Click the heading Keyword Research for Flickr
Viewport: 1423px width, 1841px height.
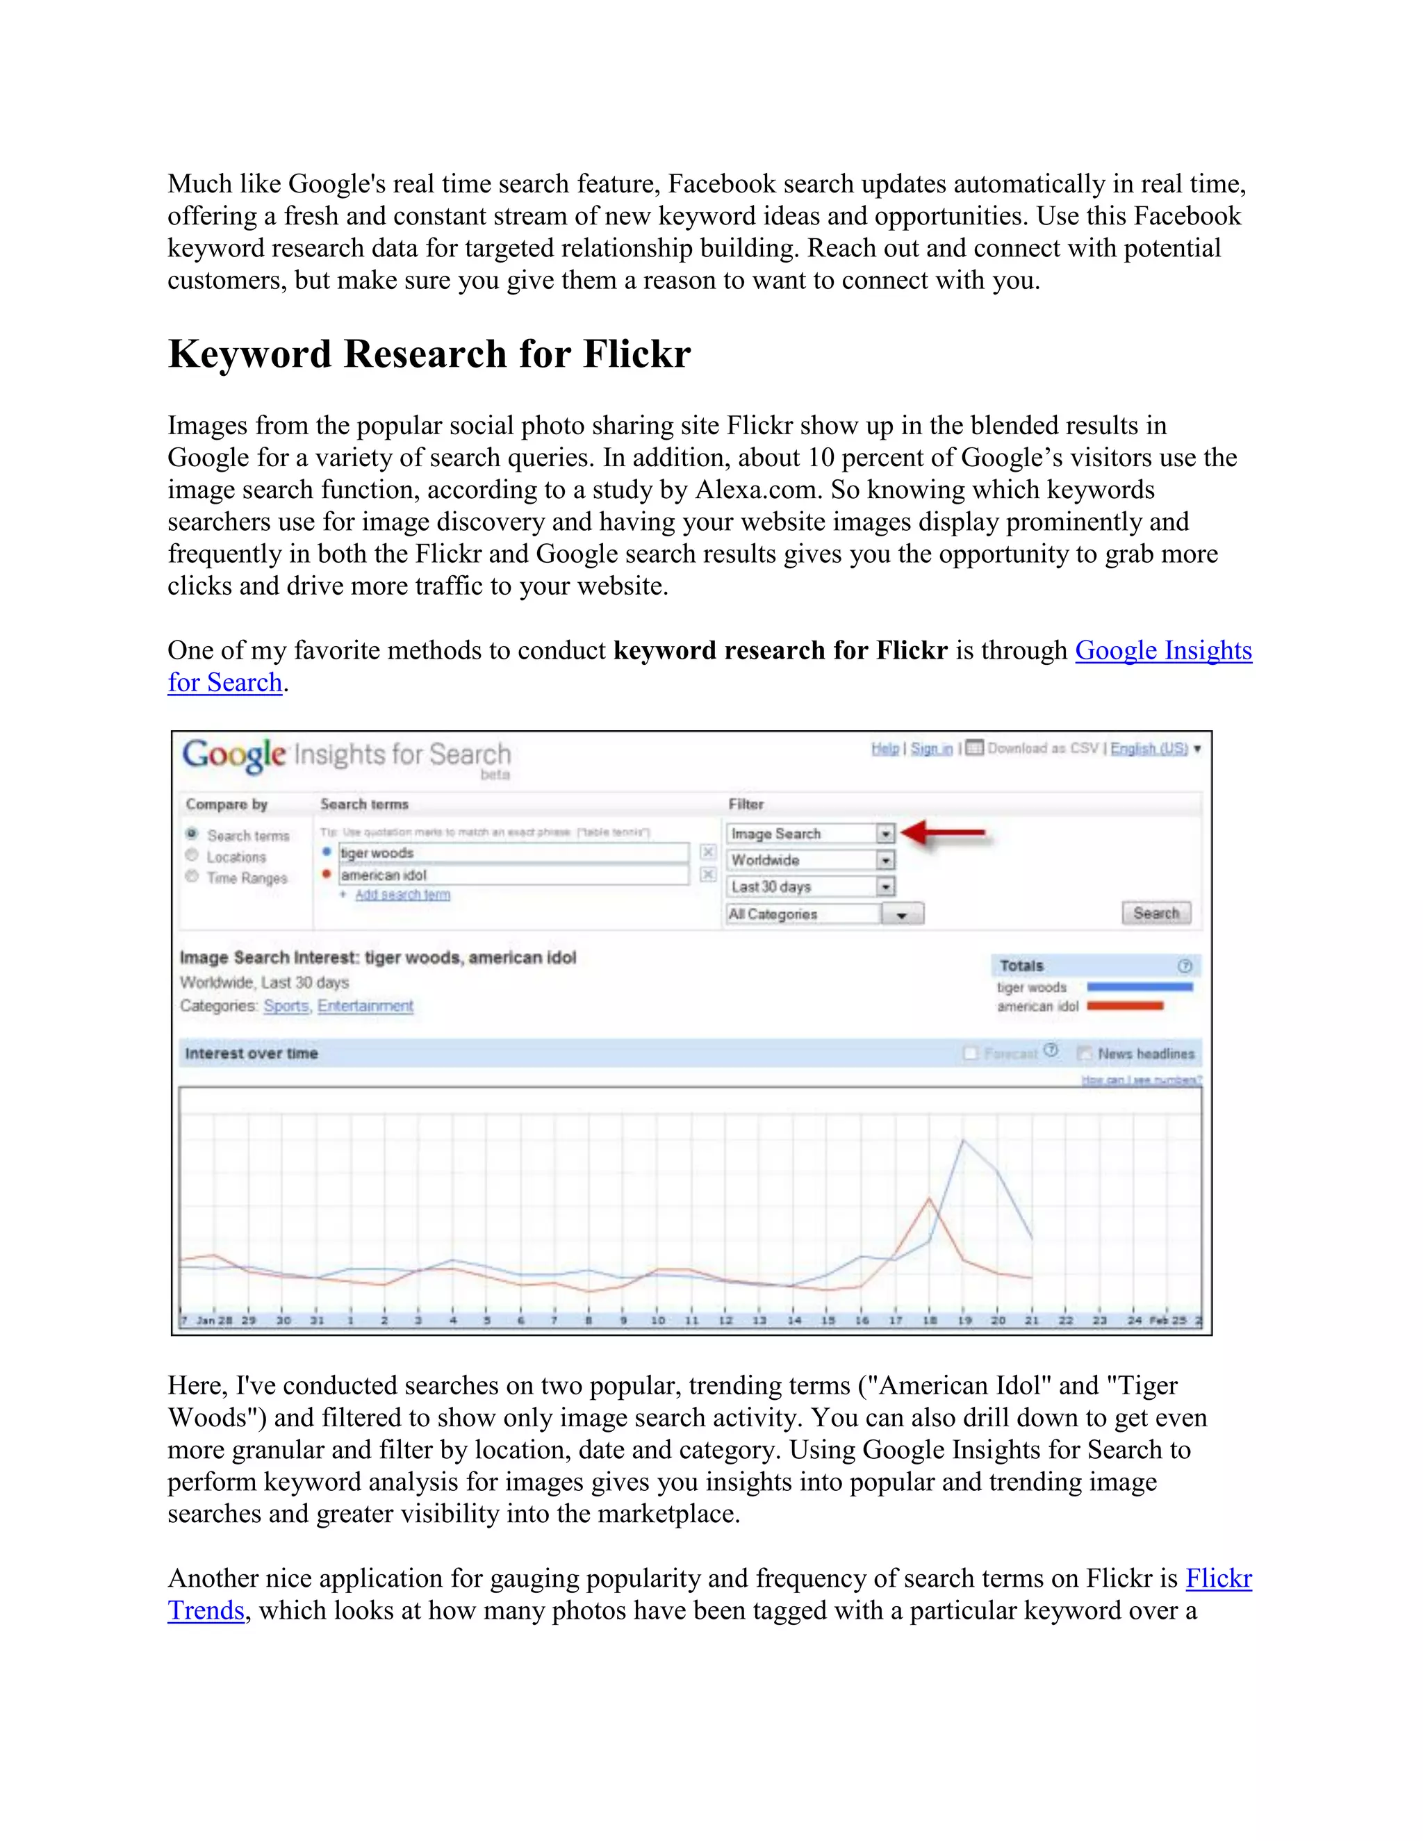[x=429, y=354]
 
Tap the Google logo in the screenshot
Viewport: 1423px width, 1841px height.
[x=234, y=754]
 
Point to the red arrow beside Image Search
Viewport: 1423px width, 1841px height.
[x=942, y=833]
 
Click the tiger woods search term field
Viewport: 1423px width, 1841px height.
[x=513, y=853]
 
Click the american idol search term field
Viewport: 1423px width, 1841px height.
[x=513, y=875]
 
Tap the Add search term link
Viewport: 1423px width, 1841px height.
[x=402, y=894]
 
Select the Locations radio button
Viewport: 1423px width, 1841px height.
[x=192, y=856]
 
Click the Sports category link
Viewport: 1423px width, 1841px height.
[x=286, y=1006]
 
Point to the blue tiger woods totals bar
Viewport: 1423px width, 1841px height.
[x=1139, y=986]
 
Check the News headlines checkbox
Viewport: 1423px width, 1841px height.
[x=1085, y=1052]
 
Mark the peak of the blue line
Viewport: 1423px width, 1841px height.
[x=963, y=1139]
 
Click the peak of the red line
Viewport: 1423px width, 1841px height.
[x=929, y=1198]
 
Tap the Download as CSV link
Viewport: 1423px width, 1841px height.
[x=1042, y=748]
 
